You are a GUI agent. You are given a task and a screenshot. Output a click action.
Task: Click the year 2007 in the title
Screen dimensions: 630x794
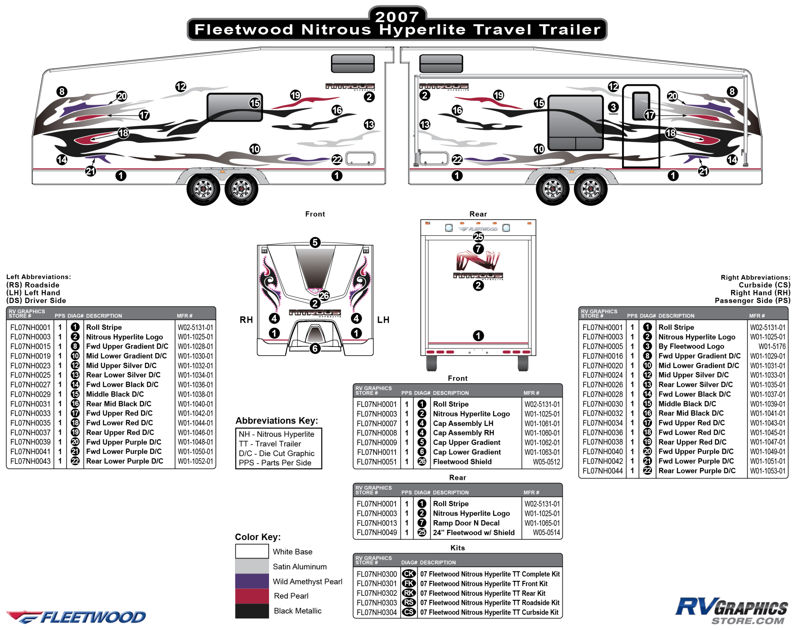[x=397, y=16]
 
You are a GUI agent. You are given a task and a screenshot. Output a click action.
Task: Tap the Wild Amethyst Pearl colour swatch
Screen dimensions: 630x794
[x=252, y=581]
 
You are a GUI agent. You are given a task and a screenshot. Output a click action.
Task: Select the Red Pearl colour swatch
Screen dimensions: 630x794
[x=252, y=596]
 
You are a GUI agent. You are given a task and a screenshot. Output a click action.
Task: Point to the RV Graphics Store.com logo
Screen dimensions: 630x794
[x=731, y=611]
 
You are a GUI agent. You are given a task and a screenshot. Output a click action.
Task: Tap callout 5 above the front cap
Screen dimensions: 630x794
[x=315, y=242]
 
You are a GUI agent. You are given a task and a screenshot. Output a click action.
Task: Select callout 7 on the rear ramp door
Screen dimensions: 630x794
[x=478, y=249]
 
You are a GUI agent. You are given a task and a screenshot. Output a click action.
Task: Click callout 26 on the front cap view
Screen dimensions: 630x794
[x=324, y=295]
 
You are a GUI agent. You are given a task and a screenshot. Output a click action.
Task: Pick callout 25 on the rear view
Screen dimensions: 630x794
[x=478, y=237]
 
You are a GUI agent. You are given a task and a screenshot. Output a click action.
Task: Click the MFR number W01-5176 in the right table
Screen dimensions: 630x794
[x=772, y=346]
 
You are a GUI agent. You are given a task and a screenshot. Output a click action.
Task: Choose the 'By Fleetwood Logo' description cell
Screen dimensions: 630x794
[x=691, y=346]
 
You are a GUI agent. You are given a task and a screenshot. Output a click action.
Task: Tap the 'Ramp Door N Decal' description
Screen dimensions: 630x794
[x=466, y=523]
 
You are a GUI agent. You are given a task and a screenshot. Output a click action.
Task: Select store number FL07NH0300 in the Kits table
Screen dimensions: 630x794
[x=377, y=574]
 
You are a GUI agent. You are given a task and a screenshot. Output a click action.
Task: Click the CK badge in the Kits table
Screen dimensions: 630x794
[x=409, y=574]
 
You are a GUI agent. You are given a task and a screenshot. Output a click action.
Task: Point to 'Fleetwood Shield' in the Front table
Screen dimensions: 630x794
[x=462, y=461]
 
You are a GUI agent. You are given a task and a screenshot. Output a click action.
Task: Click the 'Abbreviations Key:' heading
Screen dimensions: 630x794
[x=277, y=421]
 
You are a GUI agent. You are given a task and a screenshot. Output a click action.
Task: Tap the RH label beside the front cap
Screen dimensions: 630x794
[x=246, y=320]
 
